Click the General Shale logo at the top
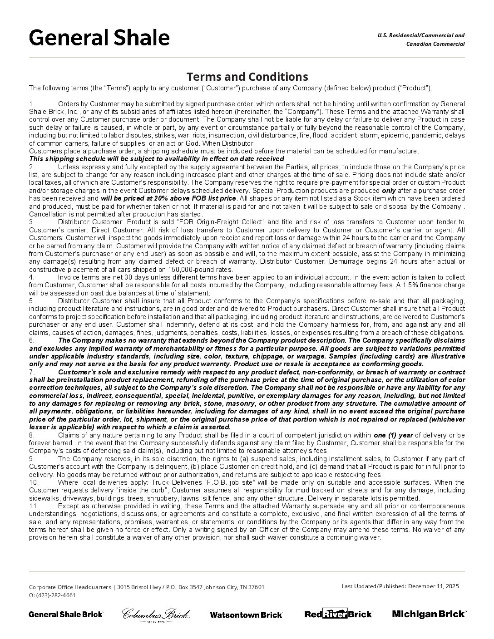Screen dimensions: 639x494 pyautogui.click(x=99, y=38)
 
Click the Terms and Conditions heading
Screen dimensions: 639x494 pyautogui.click(x=247, y=77)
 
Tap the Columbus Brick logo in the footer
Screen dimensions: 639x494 pyautogui.click(x=156, y=614)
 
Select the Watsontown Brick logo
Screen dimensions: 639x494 pyautogui.click(x=246, y=614)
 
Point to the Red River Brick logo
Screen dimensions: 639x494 pyautogui.click(x=339, y=614)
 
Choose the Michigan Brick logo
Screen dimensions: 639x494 pyautogui.click(x=429, y=614)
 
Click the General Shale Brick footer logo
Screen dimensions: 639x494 pyautogui.click(x=66, y=614)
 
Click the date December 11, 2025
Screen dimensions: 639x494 pyautogui.click(x=434, y=586)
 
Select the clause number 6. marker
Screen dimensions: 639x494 pyautogui.click(x=32, y=340)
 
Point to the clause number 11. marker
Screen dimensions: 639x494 pyautogui.click(x=34, y=506)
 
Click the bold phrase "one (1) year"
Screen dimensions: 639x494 pyautogui.click(x=393, y=435)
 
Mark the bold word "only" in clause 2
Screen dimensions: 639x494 pyautogui.click(x=389, y=191)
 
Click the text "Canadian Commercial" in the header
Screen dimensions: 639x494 pyautogui.click(x=435, y=44)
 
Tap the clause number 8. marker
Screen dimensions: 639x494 pyautogui.click(x=32, y=435)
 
